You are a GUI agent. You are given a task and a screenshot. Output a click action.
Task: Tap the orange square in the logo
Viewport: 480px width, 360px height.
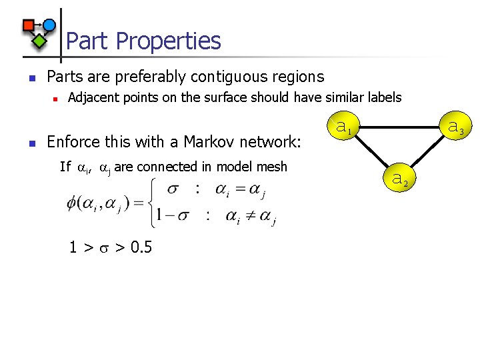point(28,26)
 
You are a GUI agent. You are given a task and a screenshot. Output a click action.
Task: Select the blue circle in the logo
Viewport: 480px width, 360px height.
point(49,25)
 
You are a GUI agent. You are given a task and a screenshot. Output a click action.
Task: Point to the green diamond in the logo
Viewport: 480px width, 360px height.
point(39,41)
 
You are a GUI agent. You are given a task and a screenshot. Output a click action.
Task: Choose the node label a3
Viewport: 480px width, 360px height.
point(456,125)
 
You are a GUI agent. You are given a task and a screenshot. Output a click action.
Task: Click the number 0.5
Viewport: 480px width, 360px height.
point(141,248)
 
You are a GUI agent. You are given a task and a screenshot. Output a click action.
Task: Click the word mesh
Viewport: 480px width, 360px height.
point(273,167)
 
